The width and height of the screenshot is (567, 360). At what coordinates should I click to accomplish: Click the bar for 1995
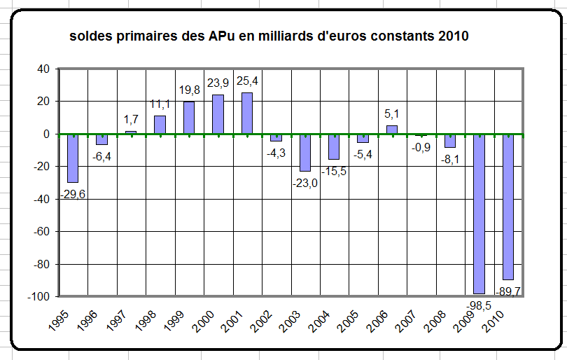click(73, 158)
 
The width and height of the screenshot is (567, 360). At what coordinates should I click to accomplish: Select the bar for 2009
click(479, 213)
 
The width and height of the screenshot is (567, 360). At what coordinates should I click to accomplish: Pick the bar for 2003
click(305, 152)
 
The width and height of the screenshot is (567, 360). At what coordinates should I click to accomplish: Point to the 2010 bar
click(508, 206)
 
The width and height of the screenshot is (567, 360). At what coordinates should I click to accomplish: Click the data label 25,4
click(247, 81)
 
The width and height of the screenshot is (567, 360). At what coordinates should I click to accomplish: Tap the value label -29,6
click(71, 194)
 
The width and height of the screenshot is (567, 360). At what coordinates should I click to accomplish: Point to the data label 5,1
click(393, 114)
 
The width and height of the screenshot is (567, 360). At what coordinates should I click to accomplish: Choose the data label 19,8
click(189, 90)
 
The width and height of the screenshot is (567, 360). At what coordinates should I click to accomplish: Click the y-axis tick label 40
click(43, 69)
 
